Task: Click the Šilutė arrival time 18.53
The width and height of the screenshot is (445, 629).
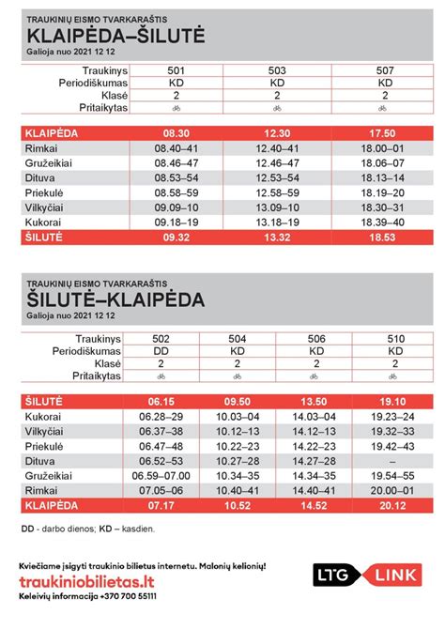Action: (x=384, y=238)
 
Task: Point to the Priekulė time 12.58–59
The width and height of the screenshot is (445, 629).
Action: (x=277, y=192)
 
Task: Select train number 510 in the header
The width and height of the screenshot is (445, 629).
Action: (x=397, y=336)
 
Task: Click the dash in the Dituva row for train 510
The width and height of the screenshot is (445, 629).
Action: (x=397, y=461)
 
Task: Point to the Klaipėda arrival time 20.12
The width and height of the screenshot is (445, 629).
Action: (x=397, y=505)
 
